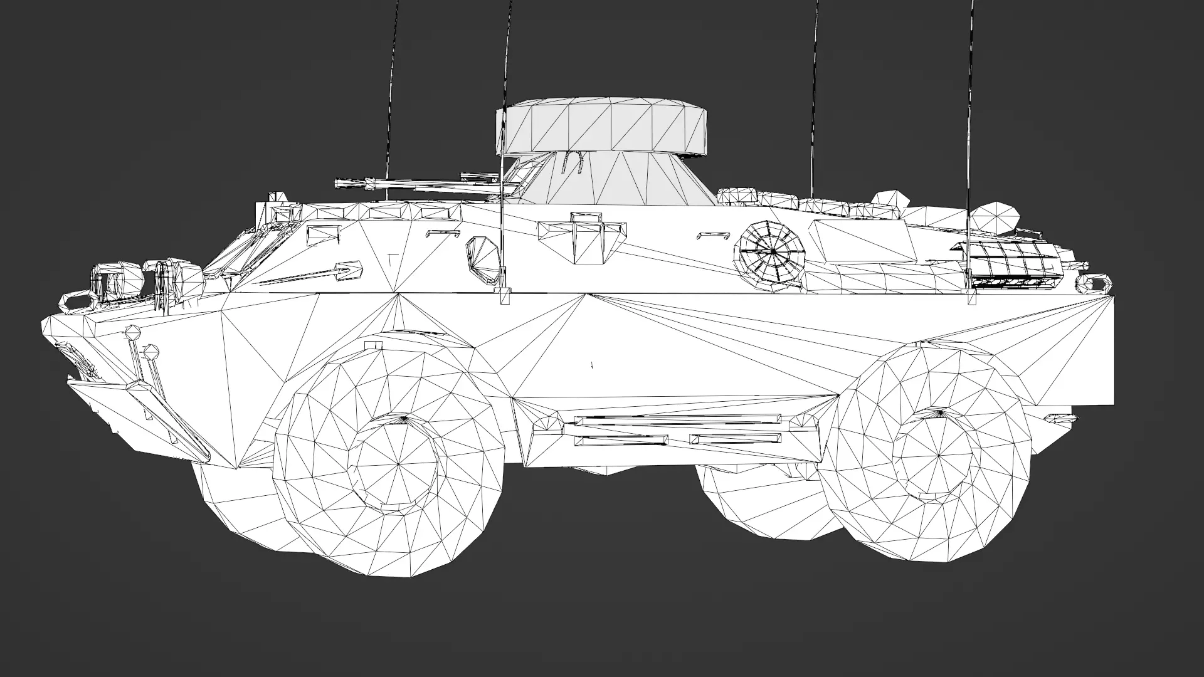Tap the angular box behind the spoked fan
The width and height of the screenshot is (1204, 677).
[x=862, y=241]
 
